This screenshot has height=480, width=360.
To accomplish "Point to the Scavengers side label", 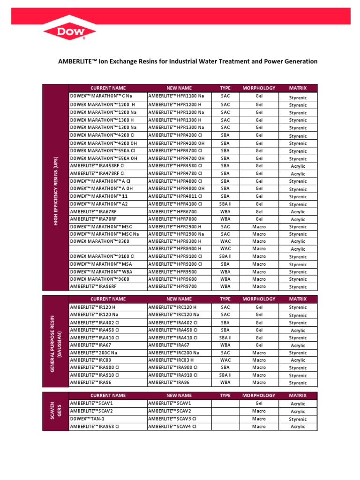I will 55,411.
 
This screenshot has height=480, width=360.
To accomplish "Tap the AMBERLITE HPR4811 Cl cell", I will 175,196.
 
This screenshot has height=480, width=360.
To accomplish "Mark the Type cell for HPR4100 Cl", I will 225,204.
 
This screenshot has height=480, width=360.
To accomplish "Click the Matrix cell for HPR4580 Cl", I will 298,166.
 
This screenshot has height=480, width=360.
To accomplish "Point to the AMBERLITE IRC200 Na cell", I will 174,352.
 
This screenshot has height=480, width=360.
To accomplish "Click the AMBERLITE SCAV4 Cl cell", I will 172,427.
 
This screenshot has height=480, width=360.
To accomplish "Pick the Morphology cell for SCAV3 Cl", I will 258,419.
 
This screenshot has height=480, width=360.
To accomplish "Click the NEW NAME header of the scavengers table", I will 179,396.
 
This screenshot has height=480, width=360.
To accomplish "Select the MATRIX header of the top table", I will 298,88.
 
